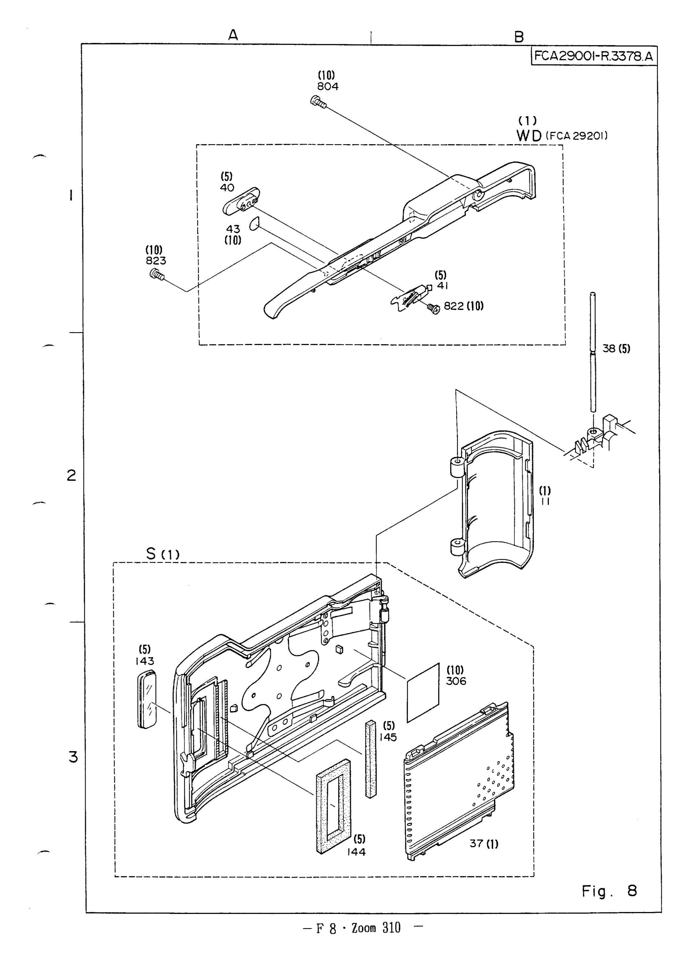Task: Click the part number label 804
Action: [x=327, y=86]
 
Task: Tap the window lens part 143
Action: [x=147, y=706]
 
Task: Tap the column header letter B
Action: [x=519, y=37]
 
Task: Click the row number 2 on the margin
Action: [x=71, y=476]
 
